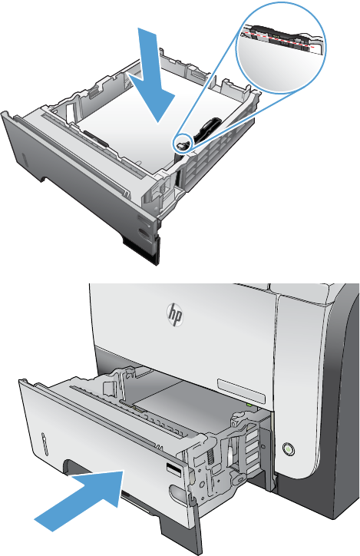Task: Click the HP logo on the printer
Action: tap(175, 315)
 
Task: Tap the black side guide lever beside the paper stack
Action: tap(206, 130)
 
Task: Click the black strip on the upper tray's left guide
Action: tap(96, 139)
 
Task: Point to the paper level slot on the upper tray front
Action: tap(24, 161)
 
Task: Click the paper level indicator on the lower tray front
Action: tap(45, 444)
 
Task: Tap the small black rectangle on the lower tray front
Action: tap(174, 470)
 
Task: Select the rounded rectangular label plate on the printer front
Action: tap(241, 391)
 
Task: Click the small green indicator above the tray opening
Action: tap(249, 404)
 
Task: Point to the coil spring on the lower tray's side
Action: tap(211, 456)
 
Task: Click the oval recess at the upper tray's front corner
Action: tap(143, 233)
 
